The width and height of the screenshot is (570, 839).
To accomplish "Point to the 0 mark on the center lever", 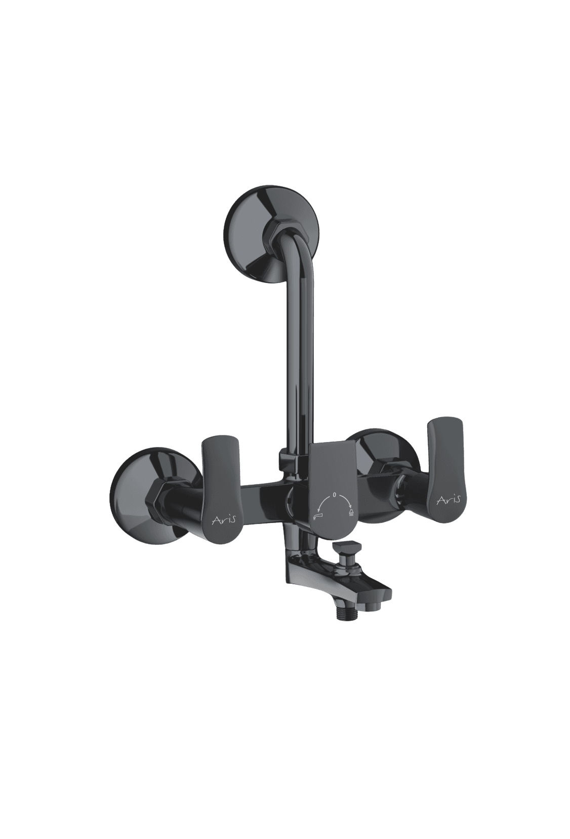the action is [x=334, y=495].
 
